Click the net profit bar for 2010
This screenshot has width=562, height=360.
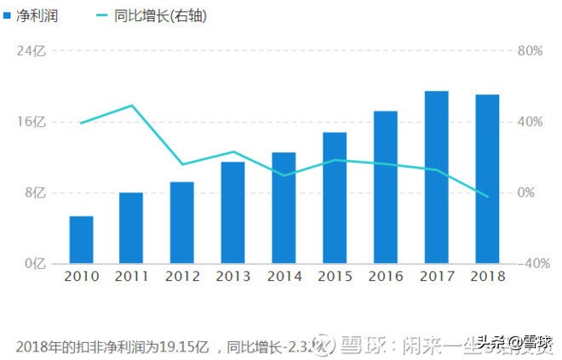(81, 240)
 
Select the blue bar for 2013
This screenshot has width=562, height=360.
(232, 213)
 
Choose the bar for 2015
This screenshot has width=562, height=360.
(335, 197)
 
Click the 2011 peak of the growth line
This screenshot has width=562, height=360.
(131, 106)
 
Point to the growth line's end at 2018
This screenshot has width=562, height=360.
(488, 197)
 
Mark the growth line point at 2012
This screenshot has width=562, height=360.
(182, 164)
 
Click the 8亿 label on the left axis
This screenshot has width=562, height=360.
(34, 193)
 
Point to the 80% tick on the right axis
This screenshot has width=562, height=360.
(530, 51)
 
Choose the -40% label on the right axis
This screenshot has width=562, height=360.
(531, 264)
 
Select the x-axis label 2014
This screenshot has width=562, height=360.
(284, 277)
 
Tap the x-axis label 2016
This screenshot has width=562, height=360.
(385, 277)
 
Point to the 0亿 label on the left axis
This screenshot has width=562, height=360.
(34, 264)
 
